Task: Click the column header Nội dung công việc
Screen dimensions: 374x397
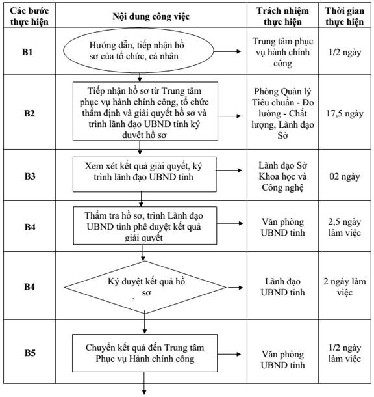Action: coord(151,16)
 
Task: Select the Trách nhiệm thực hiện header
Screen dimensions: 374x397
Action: coord(282,16)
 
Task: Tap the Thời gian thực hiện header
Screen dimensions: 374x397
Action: coord(345,16)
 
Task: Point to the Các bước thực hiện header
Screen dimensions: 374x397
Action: coord(29,16)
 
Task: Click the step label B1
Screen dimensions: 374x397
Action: coord(27,52)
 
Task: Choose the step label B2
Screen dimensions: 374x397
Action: coord(29,113)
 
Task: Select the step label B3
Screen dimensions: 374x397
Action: coord(30,176)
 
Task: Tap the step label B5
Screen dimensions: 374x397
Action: coord(30,353)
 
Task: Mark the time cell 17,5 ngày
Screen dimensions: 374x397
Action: coord(345,114)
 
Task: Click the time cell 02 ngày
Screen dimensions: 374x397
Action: coord(345,176)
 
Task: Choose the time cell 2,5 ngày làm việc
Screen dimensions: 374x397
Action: coord(345,227)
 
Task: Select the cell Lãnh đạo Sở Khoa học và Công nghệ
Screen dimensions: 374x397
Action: coord(282,176)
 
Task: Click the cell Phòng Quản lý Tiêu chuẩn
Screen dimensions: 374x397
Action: coord(282,113)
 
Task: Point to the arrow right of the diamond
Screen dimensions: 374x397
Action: coord(235,288)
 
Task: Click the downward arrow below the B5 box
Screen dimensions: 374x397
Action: coord(144,383)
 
